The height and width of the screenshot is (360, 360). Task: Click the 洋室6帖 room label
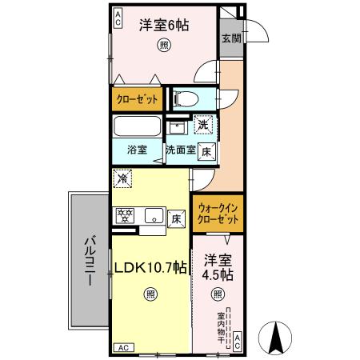(164, 26)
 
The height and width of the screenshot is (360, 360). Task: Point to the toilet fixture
(182, 99)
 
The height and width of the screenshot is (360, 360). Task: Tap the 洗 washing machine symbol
(205, 124)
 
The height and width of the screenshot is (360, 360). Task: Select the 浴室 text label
(137, 150)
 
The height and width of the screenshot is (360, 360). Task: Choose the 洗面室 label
(181, 150)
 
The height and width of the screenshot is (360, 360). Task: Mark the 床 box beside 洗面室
(206, 150)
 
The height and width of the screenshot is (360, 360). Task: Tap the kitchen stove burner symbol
(126, 216)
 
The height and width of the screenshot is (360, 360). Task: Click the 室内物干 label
(221, 327)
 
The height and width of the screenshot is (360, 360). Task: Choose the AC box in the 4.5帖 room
(238, 342)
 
